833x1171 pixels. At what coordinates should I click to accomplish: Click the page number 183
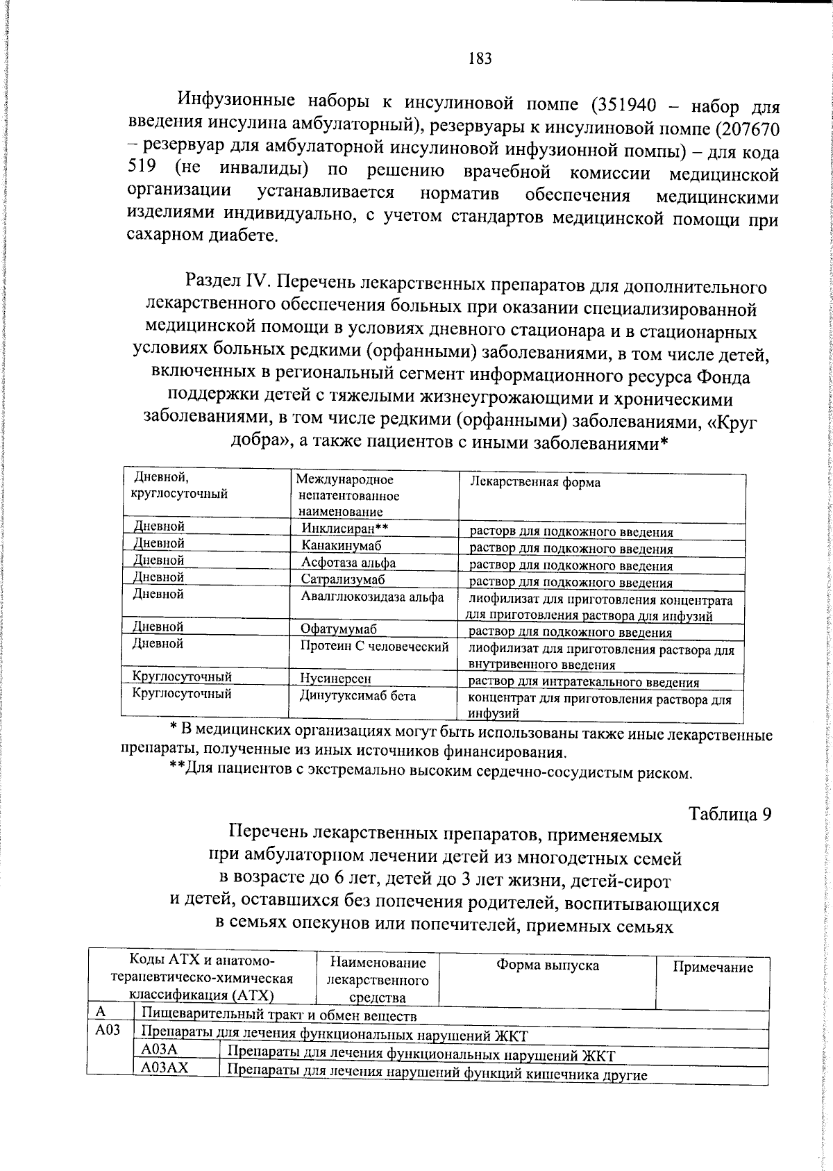click(480, 58)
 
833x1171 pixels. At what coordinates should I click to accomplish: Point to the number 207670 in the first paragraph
click(746, 129)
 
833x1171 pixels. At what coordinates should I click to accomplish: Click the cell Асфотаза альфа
click(348, 563)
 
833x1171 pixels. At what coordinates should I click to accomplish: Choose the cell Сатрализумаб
click(342, 579)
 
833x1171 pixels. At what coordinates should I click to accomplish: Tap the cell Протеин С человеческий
click(374, 647)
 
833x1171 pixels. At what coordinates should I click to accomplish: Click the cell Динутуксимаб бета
click(357, 695)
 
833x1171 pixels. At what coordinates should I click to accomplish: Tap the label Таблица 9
click(730, 814)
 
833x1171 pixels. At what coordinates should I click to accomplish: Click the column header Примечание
click(713, 967)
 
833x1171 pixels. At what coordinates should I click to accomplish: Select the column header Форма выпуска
click(547, 965)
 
